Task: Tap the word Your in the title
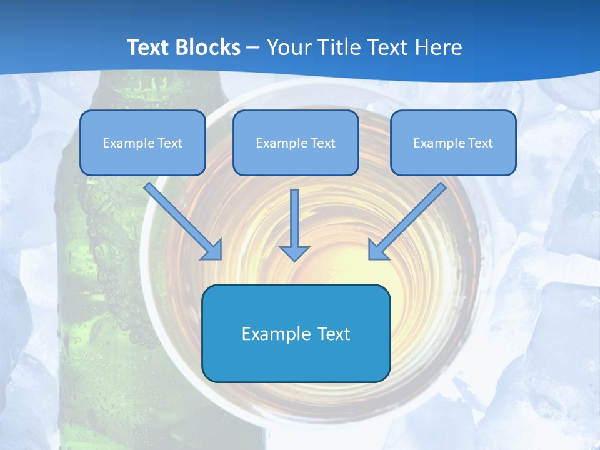coord(288,47)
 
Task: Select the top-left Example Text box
coord(142,143)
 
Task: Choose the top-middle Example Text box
coord(296,143)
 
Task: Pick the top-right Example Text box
coord(453,143)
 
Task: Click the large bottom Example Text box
coord(296,334)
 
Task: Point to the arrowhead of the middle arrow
coord(294,252)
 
